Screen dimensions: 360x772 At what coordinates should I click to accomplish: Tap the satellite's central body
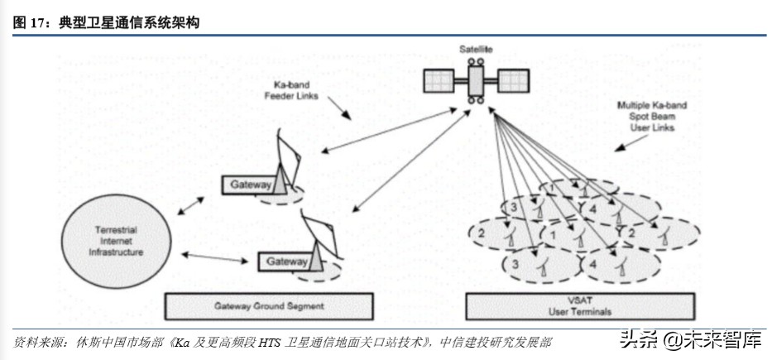click(476, 81)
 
